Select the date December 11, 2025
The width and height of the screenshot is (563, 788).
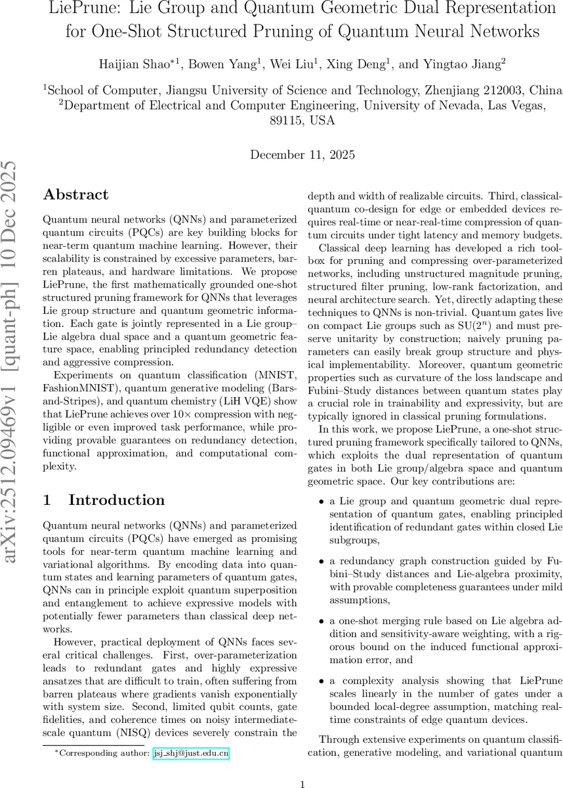(x=302, y=156)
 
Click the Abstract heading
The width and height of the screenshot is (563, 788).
(x=75, y=195)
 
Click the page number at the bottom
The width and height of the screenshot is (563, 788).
(x=302, y=766)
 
